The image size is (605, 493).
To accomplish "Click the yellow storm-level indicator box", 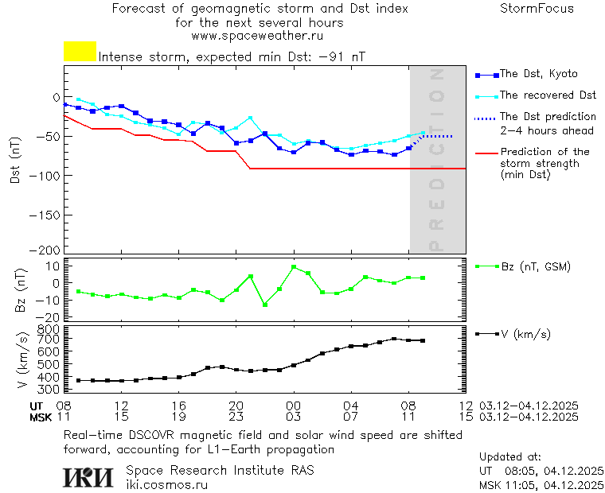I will coord(80,52).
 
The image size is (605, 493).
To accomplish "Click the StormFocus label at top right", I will coord(537,9).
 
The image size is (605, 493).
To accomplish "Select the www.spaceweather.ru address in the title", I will coord(256,36).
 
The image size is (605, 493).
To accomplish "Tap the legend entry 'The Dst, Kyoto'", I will coord(538,74).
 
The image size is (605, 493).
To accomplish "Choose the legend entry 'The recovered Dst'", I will coord(548,95).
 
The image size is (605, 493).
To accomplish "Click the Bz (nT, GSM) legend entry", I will coord(535,266).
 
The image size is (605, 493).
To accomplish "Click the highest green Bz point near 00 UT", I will coord(294,267).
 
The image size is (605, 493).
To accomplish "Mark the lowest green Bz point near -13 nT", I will coord(265,305).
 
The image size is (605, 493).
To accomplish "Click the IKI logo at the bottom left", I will coord(90,476).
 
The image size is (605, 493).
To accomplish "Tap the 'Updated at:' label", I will coord(510,457).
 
